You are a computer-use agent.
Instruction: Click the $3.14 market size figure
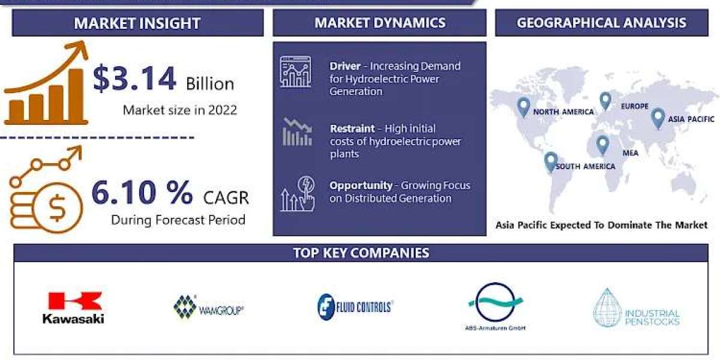(x=134, y=78)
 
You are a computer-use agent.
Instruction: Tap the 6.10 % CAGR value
(x=142, y=193)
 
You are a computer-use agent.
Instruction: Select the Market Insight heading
(x=137, y=23)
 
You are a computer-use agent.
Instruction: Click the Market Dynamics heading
(x=380, y=23)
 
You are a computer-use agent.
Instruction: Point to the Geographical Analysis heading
(x=601, y=23)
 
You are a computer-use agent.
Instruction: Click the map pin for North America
(x=524, y=107)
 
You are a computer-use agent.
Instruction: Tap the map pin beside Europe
(x=605, y=101)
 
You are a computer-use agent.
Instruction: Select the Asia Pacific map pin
(x=658, y=118)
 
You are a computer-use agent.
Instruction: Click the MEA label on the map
(x=631, y=153)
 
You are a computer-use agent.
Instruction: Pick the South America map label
(x=586, y=167)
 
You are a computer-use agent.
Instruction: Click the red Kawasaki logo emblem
(x=75, y=301)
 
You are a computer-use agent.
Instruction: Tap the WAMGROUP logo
(x=208, y=307)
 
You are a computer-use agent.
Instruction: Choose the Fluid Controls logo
(x=355, y=307)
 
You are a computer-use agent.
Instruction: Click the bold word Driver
(x=345, y=66)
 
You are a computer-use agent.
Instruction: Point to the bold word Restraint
(x=352, y=128)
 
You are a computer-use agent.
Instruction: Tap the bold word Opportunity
(x=361, y=186)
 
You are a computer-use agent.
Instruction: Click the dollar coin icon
(x=58, y=208)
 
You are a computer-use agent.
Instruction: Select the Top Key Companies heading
(x=361, y=253)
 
